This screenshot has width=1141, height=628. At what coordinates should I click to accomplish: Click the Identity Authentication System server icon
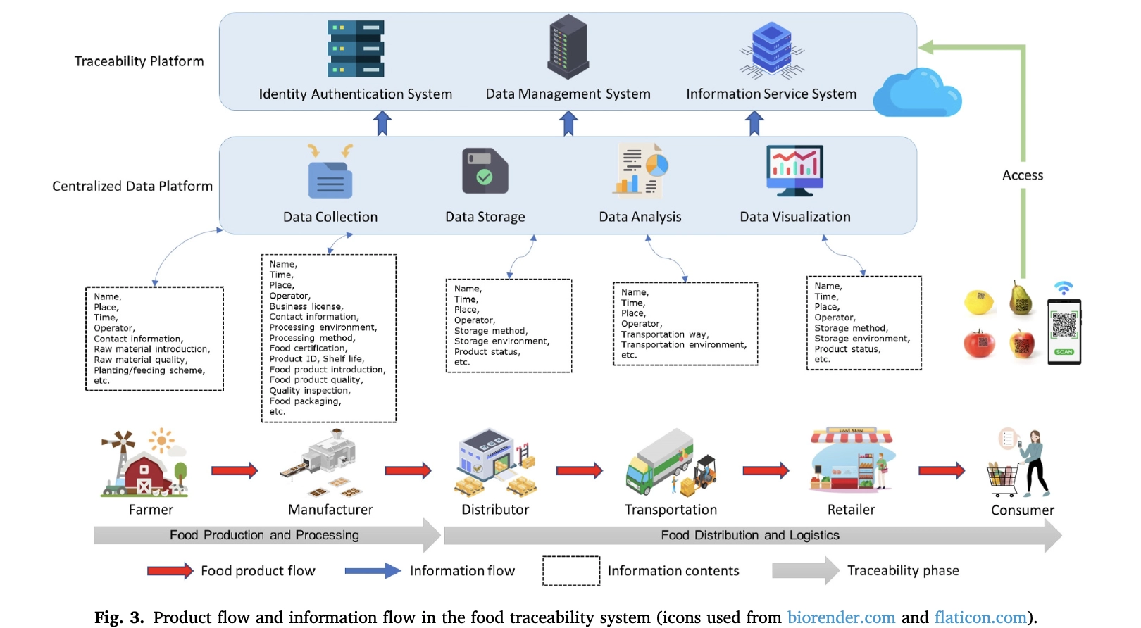tap(356, 49)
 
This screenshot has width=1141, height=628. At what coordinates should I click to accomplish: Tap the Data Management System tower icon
tap(568, 47)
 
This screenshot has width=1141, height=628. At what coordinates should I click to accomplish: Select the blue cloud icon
tap(917, 94)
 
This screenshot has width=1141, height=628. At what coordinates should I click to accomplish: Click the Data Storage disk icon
tap(485, 170)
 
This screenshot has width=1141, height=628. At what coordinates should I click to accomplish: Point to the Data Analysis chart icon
tap(641, 169)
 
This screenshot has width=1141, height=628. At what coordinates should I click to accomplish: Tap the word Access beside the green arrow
tap(1023, 175)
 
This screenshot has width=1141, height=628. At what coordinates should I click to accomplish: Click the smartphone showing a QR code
tap(1064, 331)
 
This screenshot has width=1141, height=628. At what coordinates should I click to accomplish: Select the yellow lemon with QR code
tap(978, 302)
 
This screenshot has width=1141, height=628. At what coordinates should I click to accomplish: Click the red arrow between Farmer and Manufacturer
tap(235, 470)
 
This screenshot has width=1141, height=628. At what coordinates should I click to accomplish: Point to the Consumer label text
tap(1023, 510)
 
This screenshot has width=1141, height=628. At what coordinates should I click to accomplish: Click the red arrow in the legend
tap(170, 570)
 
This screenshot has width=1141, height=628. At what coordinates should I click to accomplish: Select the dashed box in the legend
tap(570, 570)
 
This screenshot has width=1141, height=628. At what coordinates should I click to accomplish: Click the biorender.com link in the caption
tap(841, 617)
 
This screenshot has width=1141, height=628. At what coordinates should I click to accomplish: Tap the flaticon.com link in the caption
tap(980, 617)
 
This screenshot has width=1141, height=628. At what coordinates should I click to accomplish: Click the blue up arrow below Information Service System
tap(754, 123)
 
